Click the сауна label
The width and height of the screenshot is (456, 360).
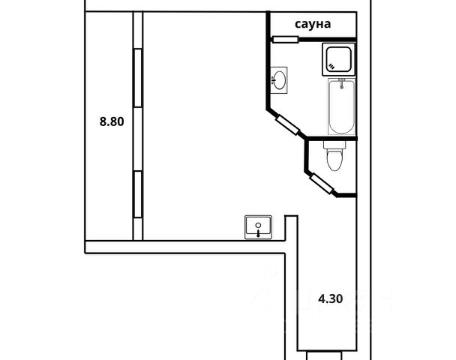(313, 25)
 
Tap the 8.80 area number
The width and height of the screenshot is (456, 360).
(111, 120)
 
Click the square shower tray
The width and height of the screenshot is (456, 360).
(340, 59)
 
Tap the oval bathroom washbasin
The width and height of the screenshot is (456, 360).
(280, 79)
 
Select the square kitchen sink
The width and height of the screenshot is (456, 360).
(259, 226)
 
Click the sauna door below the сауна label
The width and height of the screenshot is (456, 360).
(286, 38)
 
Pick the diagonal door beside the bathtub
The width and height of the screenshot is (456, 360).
(288, 124)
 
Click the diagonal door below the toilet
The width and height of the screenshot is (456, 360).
(322, 182)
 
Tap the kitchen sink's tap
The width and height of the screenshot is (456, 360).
(259, 232)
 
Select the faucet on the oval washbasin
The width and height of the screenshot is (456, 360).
(272, 79)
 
